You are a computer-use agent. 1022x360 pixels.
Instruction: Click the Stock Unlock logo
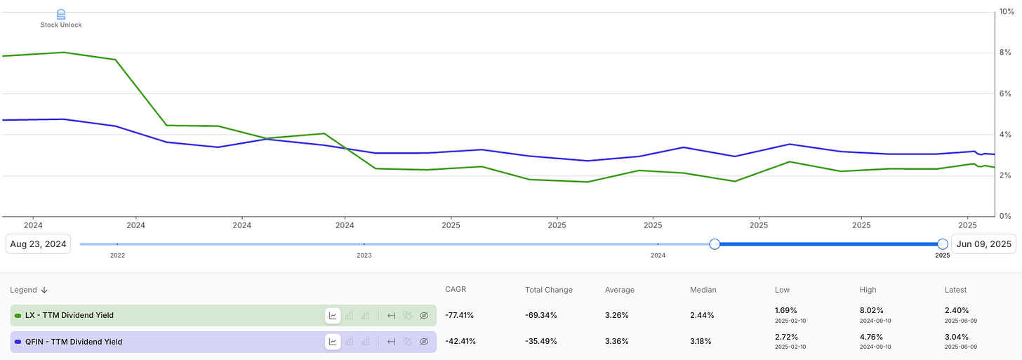[x=61, y=18]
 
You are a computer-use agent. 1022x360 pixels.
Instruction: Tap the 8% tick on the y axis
[x=1005, y=53]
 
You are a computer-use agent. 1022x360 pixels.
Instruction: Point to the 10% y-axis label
[x=1007, y=12]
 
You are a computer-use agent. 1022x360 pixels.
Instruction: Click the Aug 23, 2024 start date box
[x=38, y=244]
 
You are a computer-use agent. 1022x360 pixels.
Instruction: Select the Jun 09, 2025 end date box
[x=983, y=244]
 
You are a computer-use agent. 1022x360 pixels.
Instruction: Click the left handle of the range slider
[x=715, y=244]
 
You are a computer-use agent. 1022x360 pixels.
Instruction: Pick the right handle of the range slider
[x=943, y=244]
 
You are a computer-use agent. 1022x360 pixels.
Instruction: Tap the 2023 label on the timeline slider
[x=364, y=256]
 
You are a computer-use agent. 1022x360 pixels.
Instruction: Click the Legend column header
[x=28, y=290]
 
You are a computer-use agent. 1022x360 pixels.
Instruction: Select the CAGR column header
[x=456, y=290]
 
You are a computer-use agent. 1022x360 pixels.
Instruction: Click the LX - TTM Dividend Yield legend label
[x=69, y=316]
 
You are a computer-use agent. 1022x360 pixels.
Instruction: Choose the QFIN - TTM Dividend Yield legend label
[x=73, y=342]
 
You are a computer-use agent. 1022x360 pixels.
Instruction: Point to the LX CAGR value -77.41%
[x=460, y=316]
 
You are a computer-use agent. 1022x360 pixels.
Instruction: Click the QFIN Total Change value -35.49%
[x=541, y=342]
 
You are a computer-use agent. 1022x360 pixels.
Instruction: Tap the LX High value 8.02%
[x=871, y=310]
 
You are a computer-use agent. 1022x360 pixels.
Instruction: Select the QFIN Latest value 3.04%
[x=956, y=336]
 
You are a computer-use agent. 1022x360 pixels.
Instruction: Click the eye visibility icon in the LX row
[x=424, y=316]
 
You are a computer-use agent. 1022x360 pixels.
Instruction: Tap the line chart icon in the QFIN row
[x=333, y=342]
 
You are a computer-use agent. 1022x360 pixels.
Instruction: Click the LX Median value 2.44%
[x=702, y=316]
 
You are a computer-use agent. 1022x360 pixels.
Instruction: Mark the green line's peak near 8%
[x=64, y=52]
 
